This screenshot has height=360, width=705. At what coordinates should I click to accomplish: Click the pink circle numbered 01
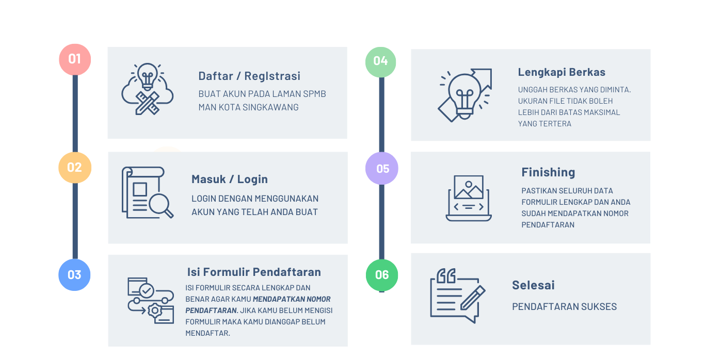75,59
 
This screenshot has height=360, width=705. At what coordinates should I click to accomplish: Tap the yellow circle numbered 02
75,168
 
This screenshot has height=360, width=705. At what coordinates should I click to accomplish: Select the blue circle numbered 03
74,275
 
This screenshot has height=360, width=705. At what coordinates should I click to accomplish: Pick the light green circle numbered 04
381,61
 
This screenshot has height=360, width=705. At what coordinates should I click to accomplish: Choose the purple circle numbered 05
382,169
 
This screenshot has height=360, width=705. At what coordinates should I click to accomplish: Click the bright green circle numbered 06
382,275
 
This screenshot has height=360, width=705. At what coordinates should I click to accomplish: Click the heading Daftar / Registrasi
249,76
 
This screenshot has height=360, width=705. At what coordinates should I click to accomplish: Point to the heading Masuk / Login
230,179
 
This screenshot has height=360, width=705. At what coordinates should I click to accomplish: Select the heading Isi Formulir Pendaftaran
254,272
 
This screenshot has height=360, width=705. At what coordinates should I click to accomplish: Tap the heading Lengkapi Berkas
562,72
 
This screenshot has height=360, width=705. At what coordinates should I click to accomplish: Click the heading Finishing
548,172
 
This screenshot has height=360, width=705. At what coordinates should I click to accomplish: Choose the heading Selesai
533,285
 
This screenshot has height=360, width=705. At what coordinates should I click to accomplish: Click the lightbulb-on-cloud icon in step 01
148,89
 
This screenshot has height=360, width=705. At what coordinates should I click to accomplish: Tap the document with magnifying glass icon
148,192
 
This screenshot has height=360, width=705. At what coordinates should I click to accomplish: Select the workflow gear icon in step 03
150,301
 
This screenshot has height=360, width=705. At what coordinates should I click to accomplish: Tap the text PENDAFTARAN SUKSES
564,307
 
